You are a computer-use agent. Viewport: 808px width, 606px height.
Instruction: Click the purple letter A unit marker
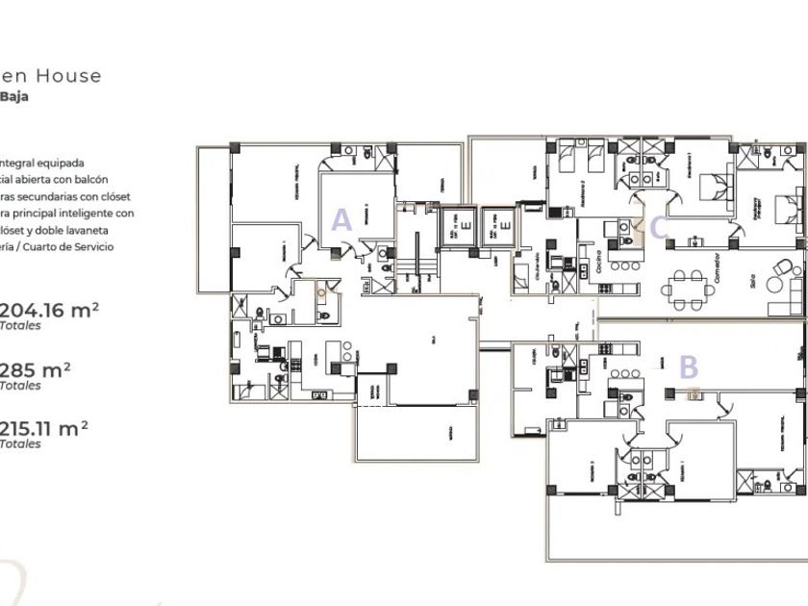click(x=341, y=220)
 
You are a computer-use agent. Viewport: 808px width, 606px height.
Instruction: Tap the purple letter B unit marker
click(x=689, y=366)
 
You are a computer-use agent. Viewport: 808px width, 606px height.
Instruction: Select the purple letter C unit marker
click(x=659, y=228)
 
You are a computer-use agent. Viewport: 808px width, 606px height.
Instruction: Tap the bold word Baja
click(x=14, y=96)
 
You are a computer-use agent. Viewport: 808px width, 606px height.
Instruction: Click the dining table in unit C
click(x=687, y=286)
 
